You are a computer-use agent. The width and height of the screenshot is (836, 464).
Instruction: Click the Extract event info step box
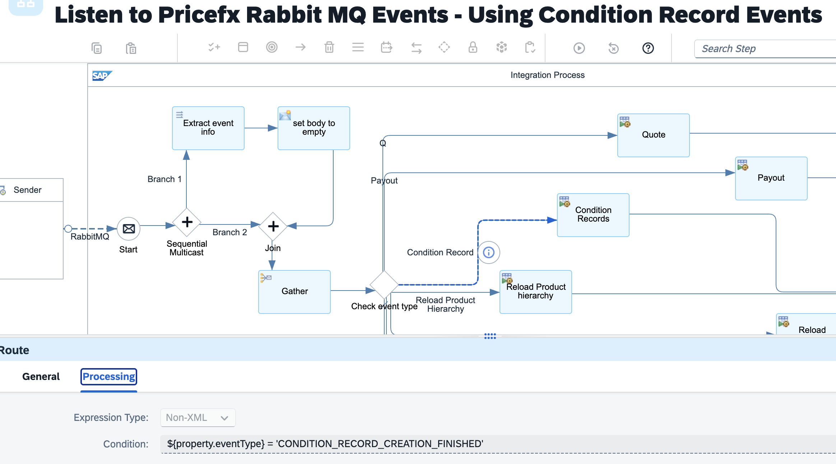coord(208,128)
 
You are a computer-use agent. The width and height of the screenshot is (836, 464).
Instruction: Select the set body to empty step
coord(314,128)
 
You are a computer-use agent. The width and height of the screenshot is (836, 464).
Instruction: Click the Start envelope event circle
coord(129,229)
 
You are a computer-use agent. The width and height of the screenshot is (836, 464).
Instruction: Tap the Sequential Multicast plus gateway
coord(187,222)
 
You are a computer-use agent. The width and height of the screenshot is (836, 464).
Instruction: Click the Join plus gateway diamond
coord(273,226)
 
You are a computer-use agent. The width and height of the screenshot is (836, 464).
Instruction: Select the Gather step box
coord(294,292)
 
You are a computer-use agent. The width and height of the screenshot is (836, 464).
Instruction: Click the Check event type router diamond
coord(384,285)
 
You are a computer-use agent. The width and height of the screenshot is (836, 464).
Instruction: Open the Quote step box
coord(654,135)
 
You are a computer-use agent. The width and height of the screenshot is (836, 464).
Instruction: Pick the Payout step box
coord(771,178)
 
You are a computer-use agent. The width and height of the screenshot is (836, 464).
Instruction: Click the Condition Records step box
coord(593,215)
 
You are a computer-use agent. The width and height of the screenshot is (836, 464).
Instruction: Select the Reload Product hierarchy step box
coord(536,292)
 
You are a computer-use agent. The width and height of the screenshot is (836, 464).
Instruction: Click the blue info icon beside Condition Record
coord(489,252)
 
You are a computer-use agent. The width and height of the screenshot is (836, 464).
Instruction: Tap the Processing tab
coord(109,377)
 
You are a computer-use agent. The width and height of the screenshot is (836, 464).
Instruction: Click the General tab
coord(41,377)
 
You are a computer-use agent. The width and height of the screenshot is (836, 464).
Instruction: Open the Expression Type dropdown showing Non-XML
coord(198,418)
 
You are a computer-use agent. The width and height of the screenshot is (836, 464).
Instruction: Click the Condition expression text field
coord(498,444)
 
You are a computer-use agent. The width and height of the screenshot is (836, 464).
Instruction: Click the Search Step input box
coord(765,49)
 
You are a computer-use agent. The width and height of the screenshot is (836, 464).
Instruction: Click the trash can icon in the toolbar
coord(329,47)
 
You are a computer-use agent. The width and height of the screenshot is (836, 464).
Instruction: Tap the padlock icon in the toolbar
coord(473,47)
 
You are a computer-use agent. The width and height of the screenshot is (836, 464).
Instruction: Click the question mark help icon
coord(648,48)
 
